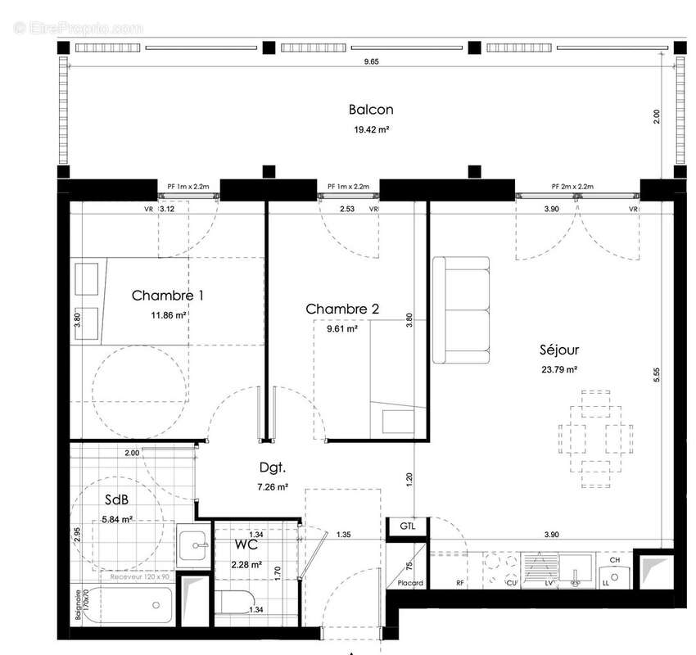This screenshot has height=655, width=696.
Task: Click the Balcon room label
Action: coord(371,110)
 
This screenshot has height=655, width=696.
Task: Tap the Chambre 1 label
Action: coord(168,295)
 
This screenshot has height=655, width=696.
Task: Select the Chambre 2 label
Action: coord(342,309)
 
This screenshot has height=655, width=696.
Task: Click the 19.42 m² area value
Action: coord(371,129)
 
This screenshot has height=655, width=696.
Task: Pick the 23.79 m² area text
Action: coord(560,369)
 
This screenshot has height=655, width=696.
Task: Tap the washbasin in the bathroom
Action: coord(195,542)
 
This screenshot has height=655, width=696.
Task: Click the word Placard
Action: coord(410,584)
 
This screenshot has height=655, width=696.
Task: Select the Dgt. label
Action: coord(272,468)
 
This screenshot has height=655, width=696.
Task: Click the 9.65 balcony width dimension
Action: coord(371,62)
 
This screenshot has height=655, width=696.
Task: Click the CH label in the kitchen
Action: coord(614,559)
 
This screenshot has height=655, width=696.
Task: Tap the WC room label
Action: coord(246,544)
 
